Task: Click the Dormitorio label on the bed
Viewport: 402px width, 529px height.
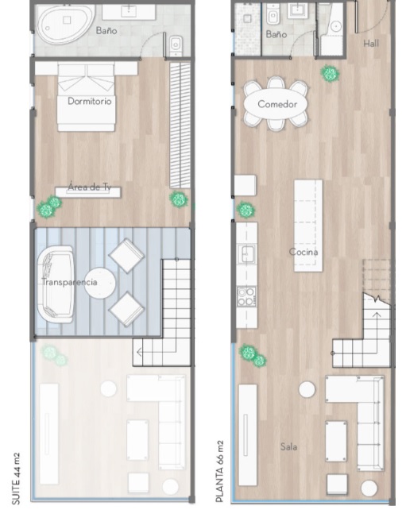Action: click(x=90, y=101)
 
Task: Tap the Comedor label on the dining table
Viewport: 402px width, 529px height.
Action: click(x=277, y=104)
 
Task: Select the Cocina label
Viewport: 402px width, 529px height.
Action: click(x=303, y=252)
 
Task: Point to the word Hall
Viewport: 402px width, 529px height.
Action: click(x=371, y=43)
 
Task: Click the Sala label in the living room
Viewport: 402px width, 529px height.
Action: click(x=288, y=446)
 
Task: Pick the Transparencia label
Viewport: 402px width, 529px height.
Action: click(x=69, y=282)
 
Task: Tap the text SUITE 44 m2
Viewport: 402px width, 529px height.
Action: click(x=16, y=479)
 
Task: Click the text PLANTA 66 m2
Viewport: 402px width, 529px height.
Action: click(x=219, y=471)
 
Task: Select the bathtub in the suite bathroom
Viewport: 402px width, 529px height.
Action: click(x=64, y=25)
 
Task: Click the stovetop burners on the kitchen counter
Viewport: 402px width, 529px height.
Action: click(x=246, y=296)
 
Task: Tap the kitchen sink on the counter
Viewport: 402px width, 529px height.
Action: click(x=247, y=253)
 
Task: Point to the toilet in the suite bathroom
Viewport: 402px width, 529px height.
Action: click(x=176, y=44)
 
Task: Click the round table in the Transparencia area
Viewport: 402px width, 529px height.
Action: click(x=99, y=284)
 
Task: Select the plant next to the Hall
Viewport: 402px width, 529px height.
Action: click(x=330, y=74)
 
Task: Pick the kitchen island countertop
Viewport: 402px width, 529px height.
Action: click(x=307, y=226)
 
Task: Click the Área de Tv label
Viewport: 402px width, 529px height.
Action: click(x=89, y=187)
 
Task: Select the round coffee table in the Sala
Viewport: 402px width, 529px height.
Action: click(x=307, y=389)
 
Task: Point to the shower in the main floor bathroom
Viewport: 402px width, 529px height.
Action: click(x=247, y=29)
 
